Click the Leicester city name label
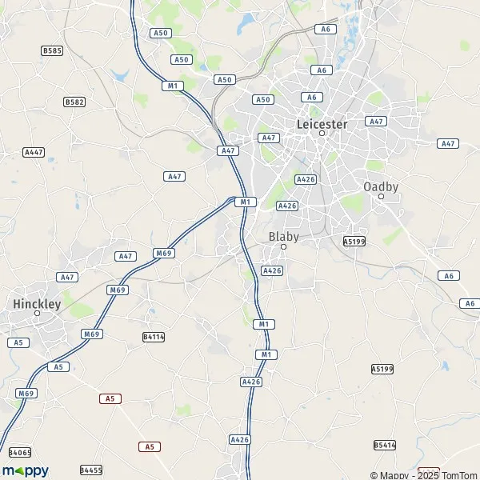(322, 124)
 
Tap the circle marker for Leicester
(322, 134)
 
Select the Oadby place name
(381, 186)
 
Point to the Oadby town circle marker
(381, 196)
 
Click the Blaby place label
(283, 237)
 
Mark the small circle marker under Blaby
(283, 247)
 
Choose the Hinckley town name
(37, 304)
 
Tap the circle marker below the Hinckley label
(37, 314)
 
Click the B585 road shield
(52, 50)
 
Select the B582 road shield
(74, 102)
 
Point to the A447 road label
(34, 151)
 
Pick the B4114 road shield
(153, 337)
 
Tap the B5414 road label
(385, 444)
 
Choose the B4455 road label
(91, 470)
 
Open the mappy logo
(26, 470)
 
